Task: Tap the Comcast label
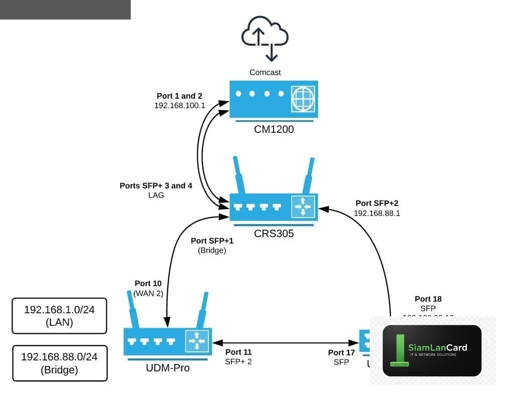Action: tap(265, 72)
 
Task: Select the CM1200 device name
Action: tap(274, 130)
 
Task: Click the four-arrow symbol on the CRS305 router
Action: tap(303, 206)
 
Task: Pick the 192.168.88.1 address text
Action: tap(377, 213)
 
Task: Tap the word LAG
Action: tap(156, 195)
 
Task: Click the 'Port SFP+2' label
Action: tap(377, 203)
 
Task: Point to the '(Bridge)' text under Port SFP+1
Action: tap(212, 250)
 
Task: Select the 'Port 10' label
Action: tap(148, 283)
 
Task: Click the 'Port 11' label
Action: tap(238, 352)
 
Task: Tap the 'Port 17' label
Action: tap(341, 352)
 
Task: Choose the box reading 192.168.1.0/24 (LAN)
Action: tap(59, 316)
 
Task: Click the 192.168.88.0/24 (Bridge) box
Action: tap(59, 363)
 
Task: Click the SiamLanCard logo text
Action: tap(437, 347)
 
